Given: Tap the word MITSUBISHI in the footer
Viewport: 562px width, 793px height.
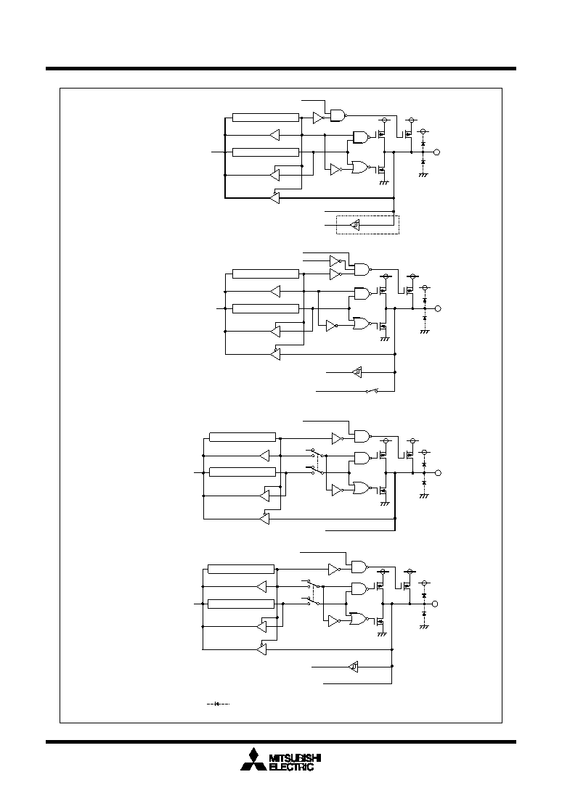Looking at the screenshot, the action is click(295, 759).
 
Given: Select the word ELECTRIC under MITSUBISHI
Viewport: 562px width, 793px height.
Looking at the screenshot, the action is click(291, 767).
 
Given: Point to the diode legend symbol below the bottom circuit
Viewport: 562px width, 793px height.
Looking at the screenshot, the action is click(219, 704).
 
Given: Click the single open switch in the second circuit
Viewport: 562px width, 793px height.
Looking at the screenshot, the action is click(372, 391).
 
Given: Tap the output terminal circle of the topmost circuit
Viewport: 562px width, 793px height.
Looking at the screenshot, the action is click(437, 152).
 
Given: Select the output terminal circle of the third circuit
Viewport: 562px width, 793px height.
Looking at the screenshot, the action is click(439, 473).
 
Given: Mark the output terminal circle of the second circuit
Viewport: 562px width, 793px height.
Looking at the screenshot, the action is click(439, 308).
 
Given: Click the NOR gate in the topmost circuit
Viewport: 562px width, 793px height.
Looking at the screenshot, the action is click(361, 167).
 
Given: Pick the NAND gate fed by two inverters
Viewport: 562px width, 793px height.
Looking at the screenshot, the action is click(363, 270).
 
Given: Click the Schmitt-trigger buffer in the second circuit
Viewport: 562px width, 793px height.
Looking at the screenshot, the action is click(357, 372).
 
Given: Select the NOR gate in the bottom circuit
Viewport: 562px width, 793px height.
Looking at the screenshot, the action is click(358, 619).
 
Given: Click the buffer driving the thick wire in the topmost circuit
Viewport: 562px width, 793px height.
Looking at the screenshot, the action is click(274, 198).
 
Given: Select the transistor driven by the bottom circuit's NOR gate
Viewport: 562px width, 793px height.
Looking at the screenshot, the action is click(380, 620).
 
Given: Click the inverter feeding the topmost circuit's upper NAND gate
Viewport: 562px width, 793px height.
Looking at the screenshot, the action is click(319, 118).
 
